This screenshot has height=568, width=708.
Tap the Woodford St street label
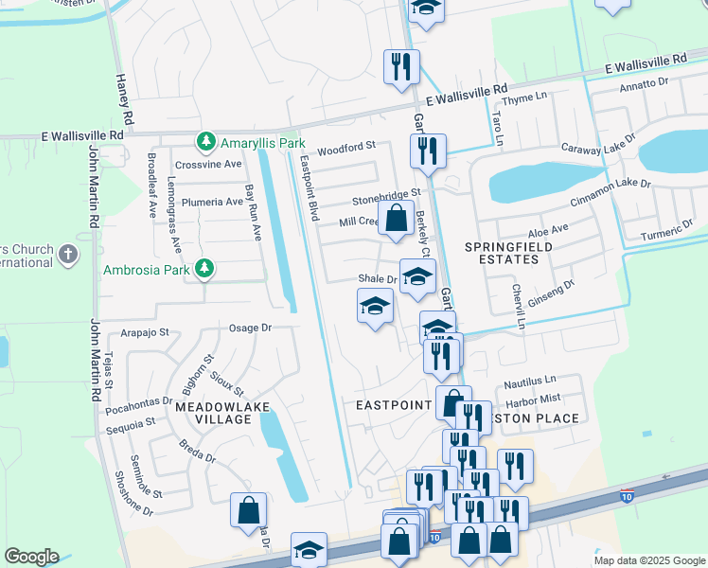[x=346, y=148]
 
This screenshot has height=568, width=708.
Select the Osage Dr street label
[x=251, y=328]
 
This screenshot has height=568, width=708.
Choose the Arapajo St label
[x=145, y=333]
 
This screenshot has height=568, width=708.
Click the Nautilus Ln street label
[x=528, y=383]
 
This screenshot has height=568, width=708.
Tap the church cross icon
[x=66, y=254]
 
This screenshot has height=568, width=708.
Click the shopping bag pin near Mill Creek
[x=396, y=217]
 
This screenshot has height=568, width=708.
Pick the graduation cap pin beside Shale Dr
[x=416, y=276]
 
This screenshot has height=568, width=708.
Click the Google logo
[x=31, y=557]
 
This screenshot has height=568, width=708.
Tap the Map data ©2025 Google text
[x=648, y=560]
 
